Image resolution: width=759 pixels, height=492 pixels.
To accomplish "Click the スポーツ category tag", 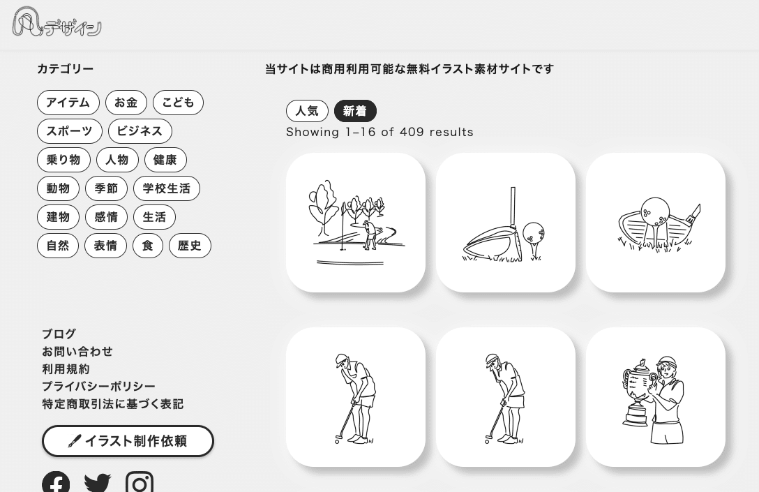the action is pyautogui.click(x=70, y=131).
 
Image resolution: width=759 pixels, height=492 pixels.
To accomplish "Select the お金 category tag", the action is pyautogui.click(x=126, y=103).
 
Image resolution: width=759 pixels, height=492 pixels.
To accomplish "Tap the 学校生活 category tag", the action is pyautogui.click(x=167, y=188).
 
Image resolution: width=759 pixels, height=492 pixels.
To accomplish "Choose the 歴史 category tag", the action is pyautogui.click(x=190, y=246).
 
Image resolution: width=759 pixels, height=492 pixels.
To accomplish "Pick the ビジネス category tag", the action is pyautogui.click(x=140, y=131).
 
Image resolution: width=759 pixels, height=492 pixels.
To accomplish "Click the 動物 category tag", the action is pyautogui.click(x=58, y=188).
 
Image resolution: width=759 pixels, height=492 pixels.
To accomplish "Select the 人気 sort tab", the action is pyautogui.click(x=308, y=111).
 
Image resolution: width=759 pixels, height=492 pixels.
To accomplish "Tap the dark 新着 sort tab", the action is pyautogui.click(x=355, y=111).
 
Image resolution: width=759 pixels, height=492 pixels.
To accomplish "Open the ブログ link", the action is pyautogui.click(x=59, y=334).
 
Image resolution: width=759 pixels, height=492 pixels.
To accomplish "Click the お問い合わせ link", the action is pyautogui.click(x=77, y=352).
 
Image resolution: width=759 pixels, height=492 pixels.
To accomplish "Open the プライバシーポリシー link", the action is pyautogui.click(x=99, y=387).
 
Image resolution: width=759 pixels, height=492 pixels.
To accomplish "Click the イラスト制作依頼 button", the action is pyautogui.click(x=128, y=441).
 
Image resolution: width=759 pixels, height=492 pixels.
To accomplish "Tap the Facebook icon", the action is pyautogui.click(x=56, y=482).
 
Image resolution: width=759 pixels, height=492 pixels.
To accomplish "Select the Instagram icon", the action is pyautogui.click(x=140, y=482).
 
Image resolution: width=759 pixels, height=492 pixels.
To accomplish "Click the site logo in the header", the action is pyautogui.click(x=57, y=22).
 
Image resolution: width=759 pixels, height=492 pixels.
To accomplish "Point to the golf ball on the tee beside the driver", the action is pyautogui.click(x=534, y=233).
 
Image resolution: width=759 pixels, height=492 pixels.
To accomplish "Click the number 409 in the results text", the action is pyautogui.click(x=412, y=132).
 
